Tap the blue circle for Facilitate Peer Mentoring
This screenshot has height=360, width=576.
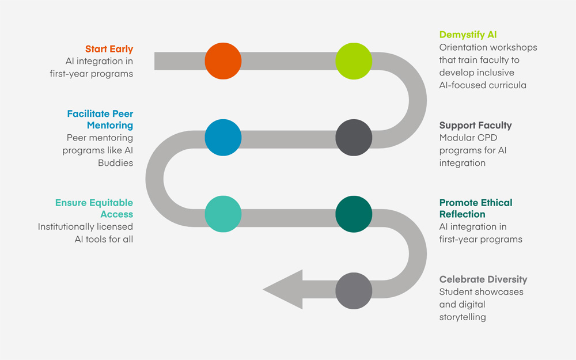[x=223, y=138]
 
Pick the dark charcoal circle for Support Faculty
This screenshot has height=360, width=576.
[x=354, y=138]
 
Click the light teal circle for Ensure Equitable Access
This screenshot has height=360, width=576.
[x=223, y=214]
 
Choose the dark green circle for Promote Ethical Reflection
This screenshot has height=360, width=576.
[x=354, y=214]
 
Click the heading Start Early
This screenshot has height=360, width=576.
[x=109, y=49]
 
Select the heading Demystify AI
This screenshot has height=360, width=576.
[x=468, y=35]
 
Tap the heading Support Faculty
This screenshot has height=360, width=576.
[x=475, y=125]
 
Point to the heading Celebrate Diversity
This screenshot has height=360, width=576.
[x=483, y=279]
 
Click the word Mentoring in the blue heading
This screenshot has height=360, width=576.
[x=110, y=125]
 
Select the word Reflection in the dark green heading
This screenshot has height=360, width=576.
[x=462, y=214]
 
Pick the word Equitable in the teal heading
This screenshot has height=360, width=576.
[x=111, y=203]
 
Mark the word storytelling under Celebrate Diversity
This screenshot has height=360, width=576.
[x=463, y=317]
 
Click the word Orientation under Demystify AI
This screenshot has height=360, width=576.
[x=464, y=47]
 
